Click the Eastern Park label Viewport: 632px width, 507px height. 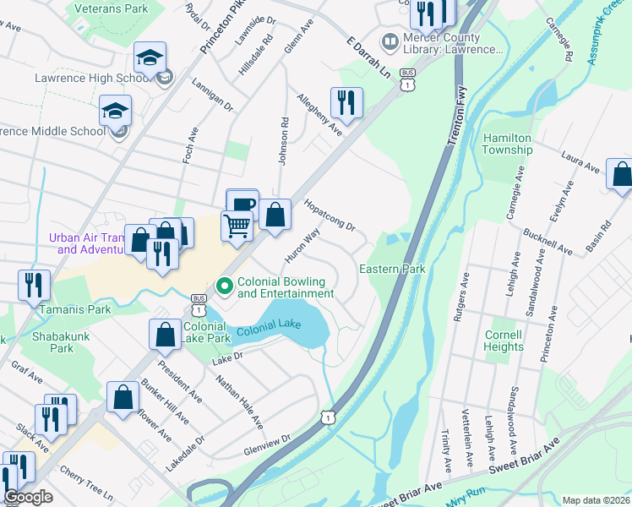click(392, 269)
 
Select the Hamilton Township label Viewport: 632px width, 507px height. click(507, 144)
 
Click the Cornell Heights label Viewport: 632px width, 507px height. click(504, 341)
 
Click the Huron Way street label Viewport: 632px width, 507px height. click(302, 244)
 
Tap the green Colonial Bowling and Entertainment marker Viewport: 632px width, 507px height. click(225, 287)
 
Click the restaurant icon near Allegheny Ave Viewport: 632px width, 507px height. click(346, 103)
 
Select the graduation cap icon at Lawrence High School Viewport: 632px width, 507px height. click(150, 58)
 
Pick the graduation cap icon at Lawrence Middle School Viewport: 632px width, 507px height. click(116, 111)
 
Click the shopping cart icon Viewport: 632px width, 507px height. click(237, 226)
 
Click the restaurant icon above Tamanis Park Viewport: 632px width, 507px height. click(35, 285)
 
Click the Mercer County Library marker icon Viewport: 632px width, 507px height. click(390, 41)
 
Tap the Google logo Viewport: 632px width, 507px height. click(29, 497)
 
